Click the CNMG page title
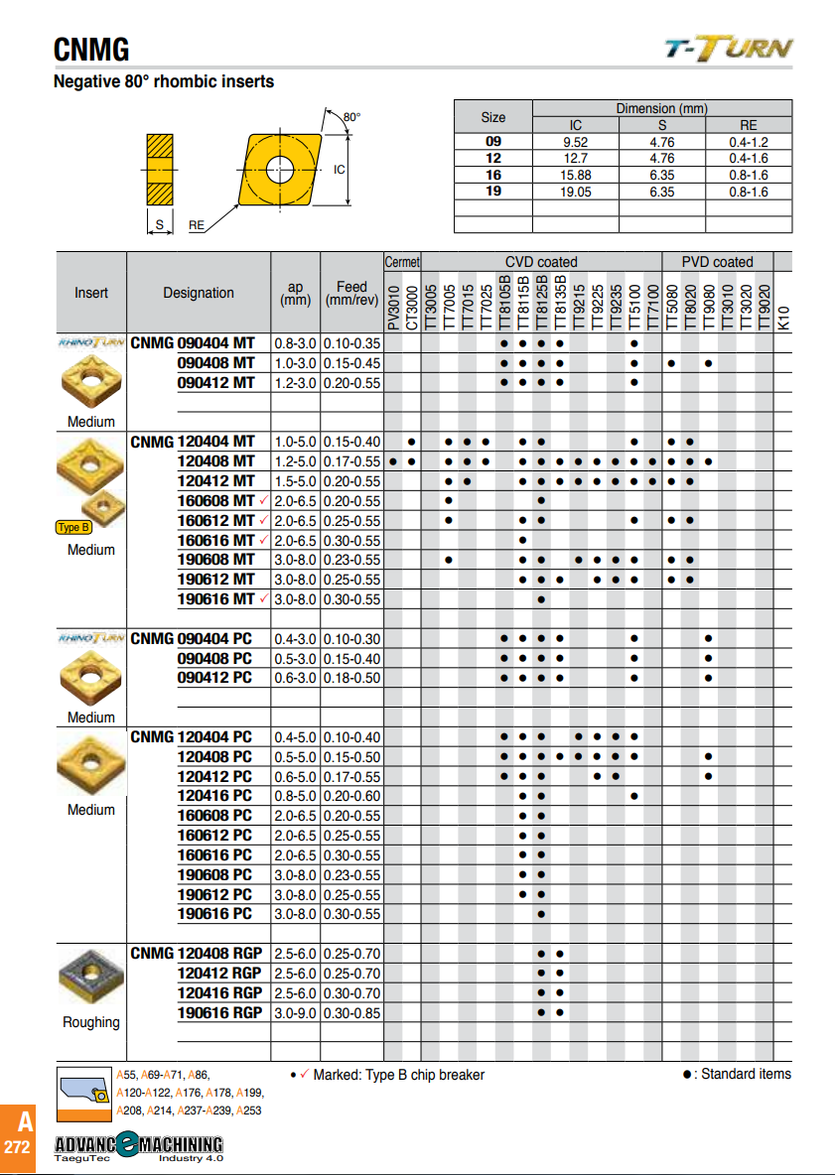(x=91, y=49)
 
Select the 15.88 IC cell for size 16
(x=575, y=175)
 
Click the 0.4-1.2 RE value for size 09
(x=748, y=142)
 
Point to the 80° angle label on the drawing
(x=351, y=117)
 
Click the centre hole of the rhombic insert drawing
(x=279, y=165)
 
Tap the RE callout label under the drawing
(x=197, y=225)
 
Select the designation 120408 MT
(x=215, y=460)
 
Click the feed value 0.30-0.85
(x=351, y=1012)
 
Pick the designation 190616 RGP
(x=219, y=1012)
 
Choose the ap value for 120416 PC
(x=295, y=796)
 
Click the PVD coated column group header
(x=717, y=262)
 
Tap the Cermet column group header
(x=402, y=262)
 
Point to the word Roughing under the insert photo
(x=90, y=1022)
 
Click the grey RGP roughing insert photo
(x=90, y=979)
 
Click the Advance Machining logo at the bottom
(x=138, y=1145)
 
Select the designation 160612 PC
(x=214, y=836)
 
